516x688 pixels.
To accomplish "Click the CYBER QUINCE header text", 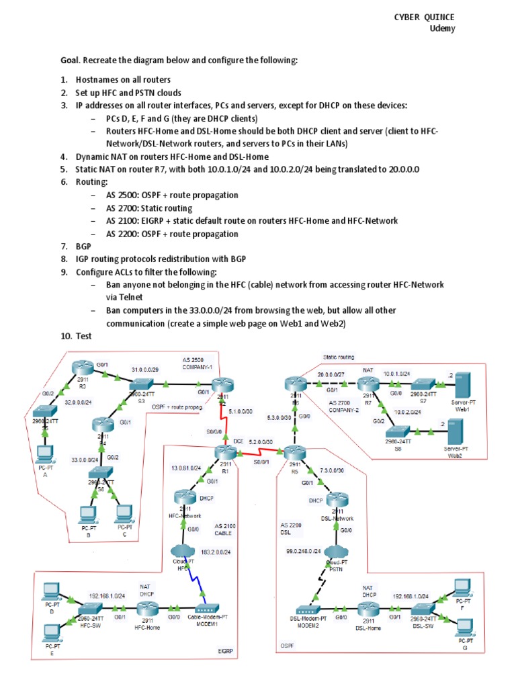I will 424,17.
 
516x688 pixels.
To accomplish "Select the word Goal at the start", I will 72,60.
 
